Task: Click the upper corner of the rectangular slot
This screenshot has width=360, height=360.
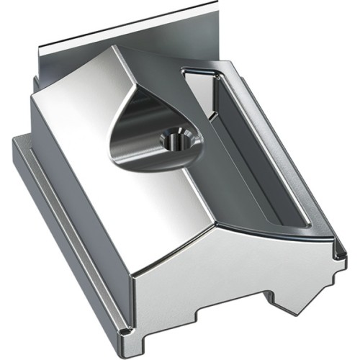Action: (186, 71)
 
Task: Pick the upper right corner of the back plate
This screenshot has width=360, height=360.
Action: (215, 4)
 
